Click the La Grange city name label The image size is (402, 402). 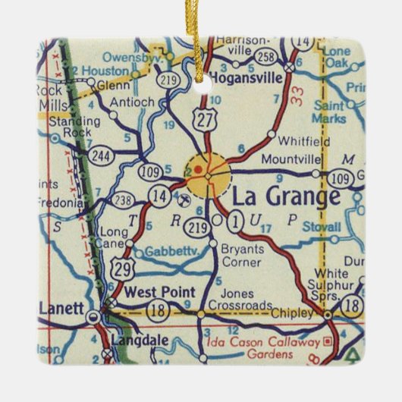click(x=285, y=197)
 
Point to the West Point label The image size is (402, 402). click(x=160, y=292)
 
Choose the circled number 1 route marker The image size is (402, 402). click(x=236, y=221)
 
